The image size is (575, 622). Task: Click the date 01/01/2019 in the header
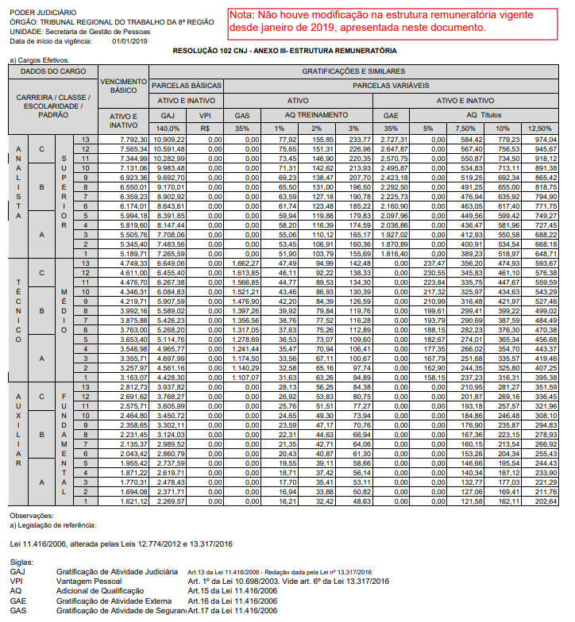coord(129,40)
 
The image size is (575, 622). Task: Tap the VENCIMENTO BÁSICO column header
coord(124,86)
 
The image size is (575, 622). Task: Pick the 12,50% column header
coord(539,128)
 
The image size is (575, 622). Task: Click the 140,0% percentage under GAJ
coord(168,128)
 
